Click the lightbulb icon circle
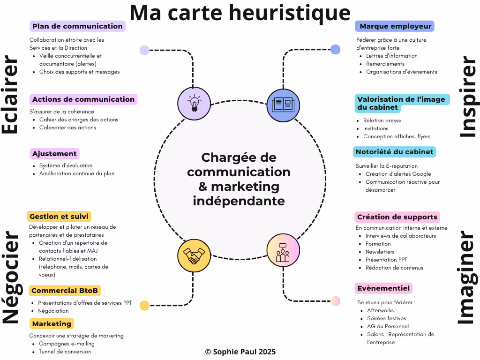coord(194,104)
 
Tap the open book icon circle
coord(283,104)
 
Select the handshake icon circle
coord(194,255)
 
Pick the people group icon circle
coord(283,250)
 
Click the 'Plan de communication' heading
coord(77,26)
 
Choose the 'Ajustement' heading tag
coord(54,154)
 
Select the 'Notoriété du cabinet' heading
coord(394,152)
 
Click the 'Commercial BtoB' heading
coord(65,291)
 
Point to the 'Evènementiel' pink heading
coord(383,288)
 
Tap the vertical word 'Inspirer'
coord(467,97)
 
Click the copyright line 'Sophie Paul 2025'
coord(240,352)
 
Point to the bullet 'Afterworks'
coord(380,310)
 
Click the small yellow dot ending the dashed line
coord(144,306)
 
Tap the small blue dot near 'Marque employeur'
coord(335,49)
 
